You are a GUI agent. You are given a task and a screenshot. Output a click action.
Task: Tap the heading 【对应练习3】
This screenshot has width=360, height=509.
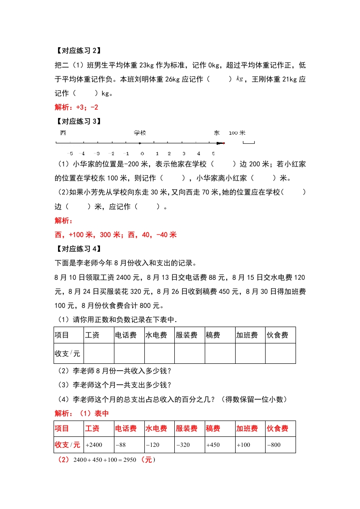77,121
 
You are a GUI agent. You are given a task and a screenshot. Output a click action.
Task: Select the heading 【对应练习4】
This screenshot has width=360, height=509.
77,249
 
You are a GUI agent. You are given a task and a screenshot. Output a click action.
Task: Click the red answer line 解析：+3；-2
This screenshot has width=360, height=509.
76,108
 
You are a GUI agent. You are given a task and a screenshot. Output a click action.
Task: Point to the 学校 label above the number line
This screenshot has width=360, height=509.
140,133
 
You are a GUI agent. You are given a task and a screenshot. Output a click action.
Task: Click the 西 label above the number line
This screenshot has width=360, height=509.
63,133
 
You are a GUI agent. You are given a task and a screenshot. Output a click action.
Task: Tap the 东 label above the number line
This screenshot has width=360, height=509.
217,133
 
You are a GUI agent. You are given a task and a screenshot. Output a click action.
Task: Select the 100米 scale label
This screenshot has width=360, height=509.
237,133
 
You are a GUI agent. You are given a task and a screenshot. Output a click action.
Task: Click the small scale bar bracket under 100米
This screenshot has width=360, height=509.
248,143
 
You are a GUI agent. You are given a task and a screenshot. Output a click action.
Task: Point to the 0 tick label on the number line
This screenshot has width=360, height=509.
142,153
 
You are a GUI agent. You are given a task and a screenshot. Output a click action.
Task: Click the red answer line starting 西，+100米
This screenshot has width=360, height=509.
115,235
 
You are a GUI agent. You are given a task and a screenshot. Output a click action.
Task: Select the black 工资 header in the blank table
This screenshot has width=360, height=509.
92,335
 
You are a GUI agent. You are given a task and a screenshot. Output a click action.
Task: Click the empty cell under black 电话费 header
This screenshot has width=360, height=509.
129,353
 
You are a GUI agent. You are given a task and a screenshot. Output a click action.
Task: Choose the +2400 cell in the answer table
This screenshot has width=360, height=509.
94,445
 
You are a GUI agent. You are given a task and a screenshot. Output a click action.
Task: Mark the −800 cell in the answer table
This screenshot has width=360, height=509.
274,445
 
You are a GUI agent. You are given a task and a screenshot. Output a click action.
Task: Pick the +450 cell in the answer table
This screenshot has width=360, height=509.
213,445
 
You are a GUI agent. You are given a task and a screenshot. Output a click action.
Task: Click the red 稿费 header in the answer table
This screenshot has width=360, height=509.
213,429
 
